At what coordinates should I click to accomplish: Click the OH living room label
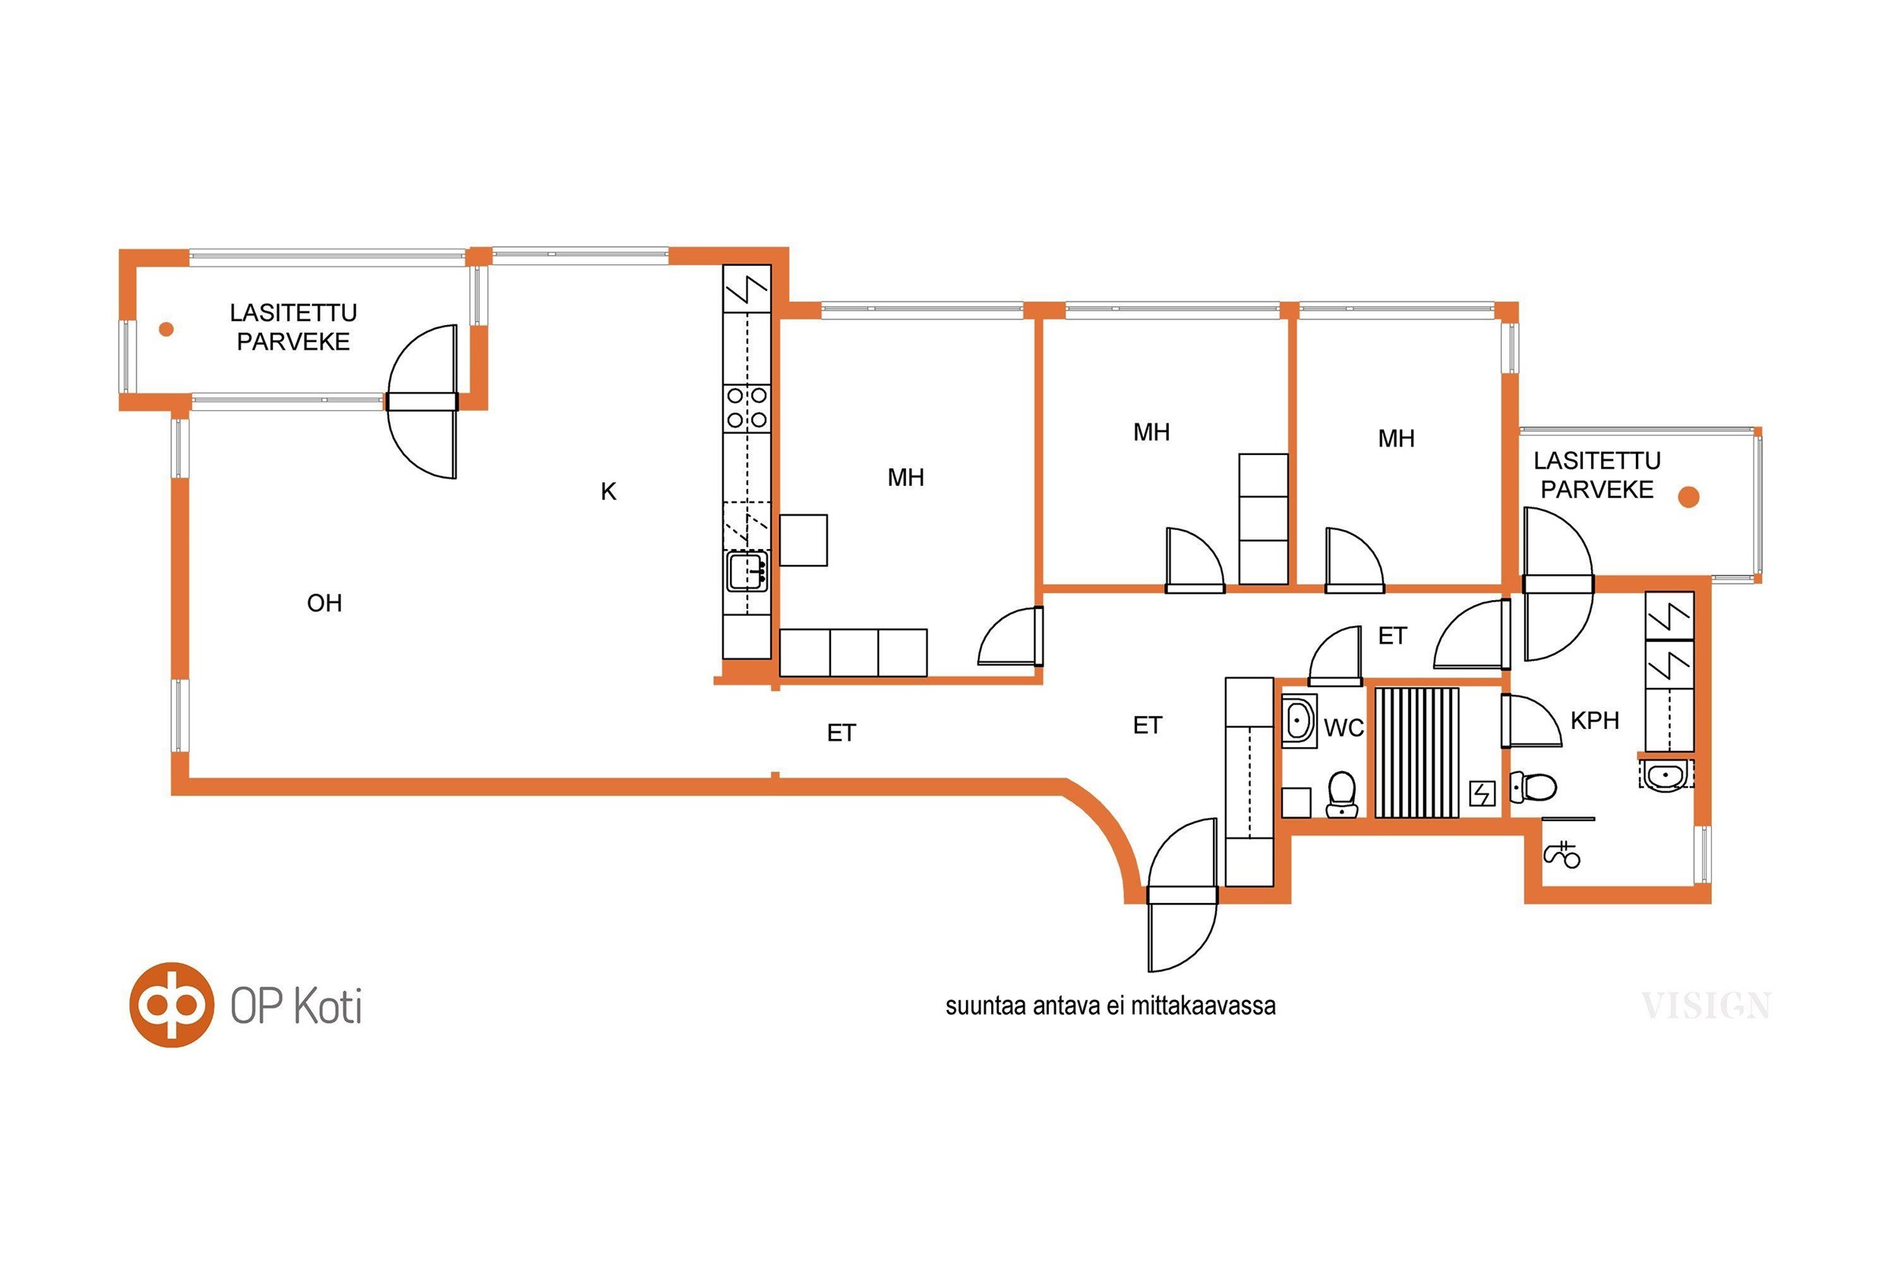click(324, 603)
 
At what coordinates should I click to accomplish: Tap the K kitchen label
click(608, 491)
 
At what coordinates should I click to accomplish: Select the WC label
click(1344, 728)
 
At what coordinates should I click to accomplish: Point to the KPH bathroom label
click(1594, 720)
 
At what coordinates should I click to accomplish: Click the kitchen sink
click(747, 571)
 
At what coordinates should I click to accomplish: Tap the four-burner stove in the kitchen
click(747, 408)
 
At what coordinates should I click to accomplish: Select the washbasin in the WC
click(1299, 720)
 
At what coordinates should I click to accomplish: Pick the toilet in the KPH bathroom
click(1533, 787)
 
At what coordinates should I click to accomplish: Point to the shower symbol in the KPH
click(1563, 855)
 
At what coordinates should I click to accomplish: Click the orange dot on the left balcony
click(167, 328)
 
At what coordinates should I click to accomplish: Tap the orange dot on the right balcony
click(1689, 498)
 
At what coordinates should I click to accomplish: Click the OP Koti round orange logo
click(171, 1004)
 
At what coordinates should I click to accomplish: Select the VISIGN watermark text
click(1706, 1006)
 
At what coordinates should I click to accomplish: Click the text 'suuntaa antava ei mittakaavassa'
click(1110, 1006)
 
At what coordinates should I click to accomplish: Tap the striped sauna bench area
click(1417, 752)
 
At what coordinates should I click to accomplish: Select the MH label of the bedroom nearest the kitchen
click(906, 477)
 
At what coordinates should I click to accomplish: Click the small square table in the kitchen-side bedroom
click(803, 540)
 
